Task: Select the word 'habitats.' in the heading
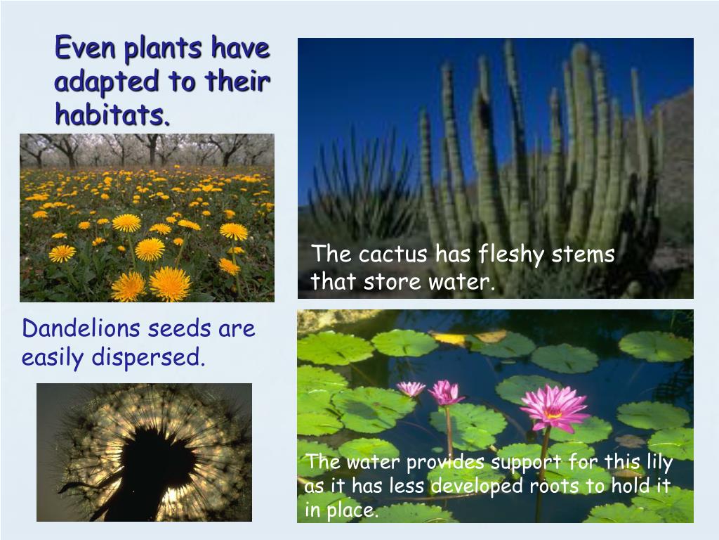click(112, 114)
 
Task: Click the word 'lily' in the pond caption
click(658, 463)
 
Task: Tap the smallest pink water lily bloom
click(411, 388)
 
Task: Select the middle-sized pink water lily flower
click(446, 392)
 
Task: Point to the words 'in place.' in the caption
click(342, 510)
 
